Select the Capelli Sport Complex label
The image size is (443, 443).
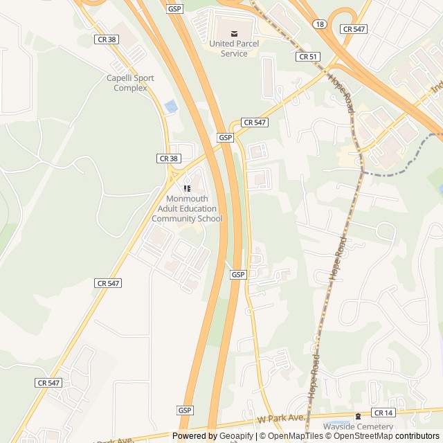tap(130, 83)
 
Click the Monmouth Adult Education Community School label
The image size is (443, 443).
tap(187, 208)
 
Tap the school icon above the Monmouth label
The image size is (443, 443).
tap(187, 188)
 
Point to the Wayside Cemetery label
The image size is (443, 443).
tap(358, 427)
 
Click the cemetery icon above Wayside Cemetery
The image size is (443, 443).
tap(358, 416)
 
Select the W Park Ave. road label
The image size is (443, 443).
tap(281, 418)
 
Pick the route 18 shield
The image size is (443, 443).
tap(319, 24)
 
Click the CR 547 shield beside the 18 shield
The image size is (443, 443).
tap(354, 28)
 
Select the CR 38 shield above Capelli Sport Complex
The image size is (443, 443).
tap(107, 39)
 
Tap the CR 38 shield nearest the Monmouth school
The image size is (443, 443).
tap(168, 159)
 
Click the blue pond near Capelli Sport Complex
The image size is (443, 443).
tap(170, 107)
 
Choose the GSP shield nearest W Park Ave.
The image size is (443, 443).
tap(185, 410)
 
